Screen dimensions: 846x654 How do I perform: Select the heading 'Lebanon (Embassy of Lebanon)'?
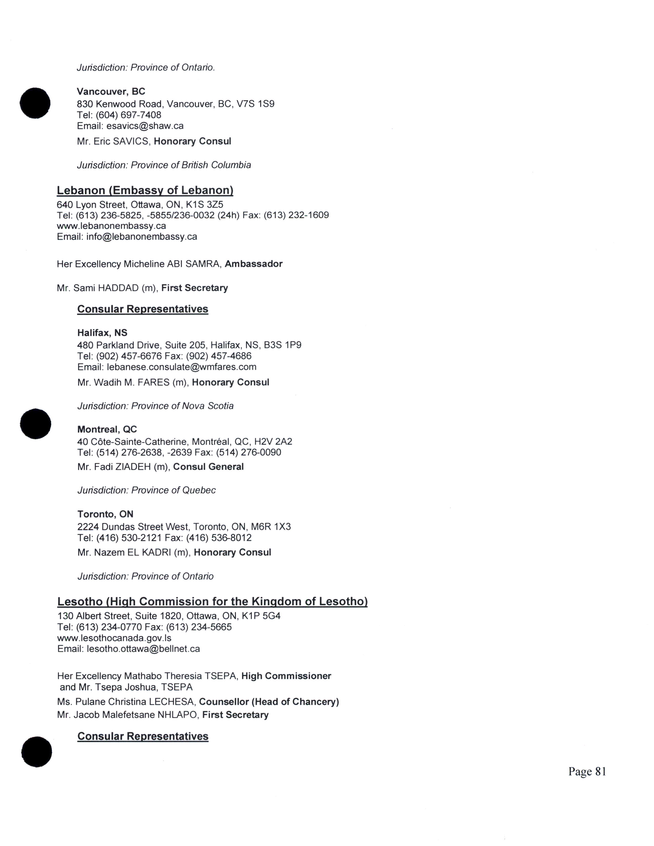pos(145,190)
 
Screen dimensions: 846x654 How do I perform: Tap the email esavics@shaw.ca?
pos(145,126)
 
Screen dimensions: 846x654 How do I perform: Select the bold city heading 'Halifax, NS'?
pos(102,333)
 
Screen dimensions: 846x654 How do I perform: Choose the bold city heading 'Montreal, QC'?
pos(107,429)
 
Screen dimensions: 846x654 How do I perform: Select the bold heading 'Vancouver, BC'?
pos(111,92)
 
